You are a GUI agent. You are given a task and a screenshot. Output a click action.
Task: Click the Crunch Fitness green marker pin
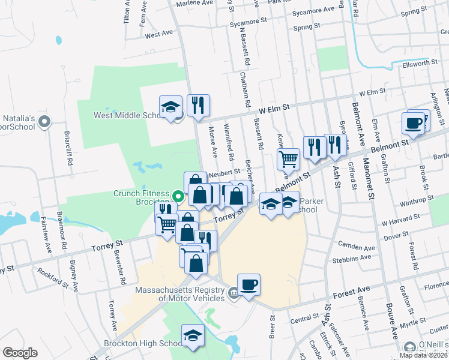[x=178, y=196]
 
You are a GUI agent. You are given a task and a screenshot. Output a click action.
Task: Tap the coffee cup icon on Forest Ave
[x=249, y=284]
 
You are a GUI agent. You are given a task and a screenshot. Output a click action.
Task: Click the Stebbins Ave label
[x=354, y=258]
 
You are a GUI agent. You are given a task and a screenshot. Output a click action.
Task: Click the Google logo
[x=20, y=352]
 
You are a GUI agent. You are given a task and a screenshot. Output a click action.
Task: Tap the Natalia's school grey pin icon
[x=44, y=122]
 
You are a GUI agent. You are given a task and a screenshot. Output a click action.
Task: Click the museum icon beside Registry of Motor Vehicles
[x=232, y=293]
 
